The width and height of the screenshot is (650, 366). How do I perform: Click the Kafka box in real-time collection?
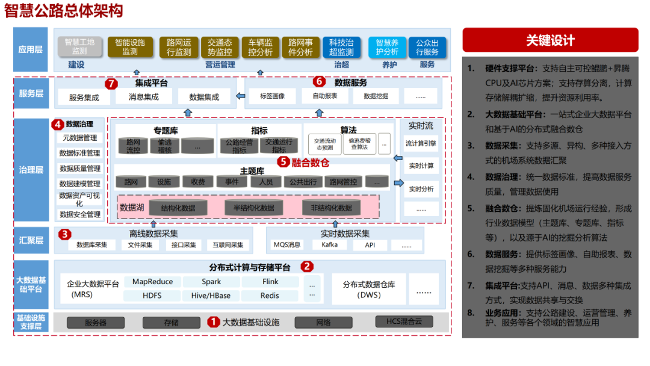click(x=330, y=245)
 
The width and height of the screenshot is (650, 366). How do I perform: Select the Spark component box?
click(x=211, y=282)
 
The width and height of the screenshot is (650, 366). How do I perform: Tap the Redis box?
click(x=270, y=296)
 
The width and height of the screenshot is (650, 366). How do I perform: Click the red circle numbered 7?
click(x=110, y=83)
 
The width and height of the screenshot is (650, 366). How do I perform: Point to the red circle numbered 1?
click(x=213, y=322)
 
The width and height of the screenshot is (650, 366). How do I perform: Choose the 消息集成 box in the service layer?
click(x=144, y=97)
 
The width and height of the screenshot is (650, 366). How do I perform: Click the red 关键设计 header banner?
click(x=550, y=40)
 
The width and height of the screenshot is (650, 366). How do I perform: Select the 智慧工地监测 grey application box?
click(x=79, y=47)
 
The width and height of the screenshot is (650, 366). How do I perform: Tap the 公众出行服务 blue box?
click(x=427, y=47)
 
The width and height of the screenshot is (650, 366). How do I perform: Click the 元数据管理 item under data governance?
click(x=80, y=138)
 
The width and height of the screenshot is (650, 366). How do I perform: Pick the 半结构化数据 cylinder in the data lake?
click(x=253, y=208)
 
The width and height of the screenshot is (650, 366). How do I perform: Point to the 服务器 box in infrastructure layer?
click(x=96, y=323)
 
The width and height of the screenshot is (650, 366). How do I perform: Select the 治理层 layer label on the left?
click(x=31, y=170)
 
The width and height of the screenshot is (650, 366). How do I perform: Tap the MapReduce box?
click(x=152, y=282)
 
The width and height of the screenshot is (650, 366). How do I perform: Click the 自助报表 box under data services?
click(x=324, y=96)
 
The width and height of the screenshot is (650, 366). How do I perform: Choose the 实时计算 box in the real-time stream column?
click(x=421, y=166)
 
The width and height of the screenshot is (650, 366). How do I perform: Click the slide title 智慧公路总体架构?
click(x=63, y=11)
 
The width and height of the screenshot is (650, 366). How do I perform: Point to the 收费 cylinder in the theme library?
click(x=198, y=182)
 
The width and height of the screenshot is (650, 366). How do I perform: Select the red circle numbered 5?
click(x=283, y=161)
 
